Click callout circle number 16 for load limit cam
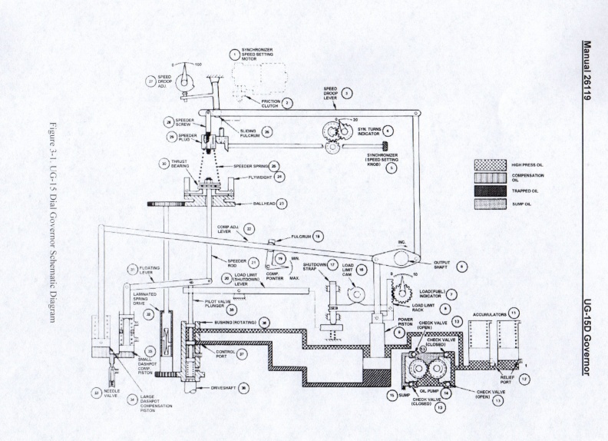point(362,270)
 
